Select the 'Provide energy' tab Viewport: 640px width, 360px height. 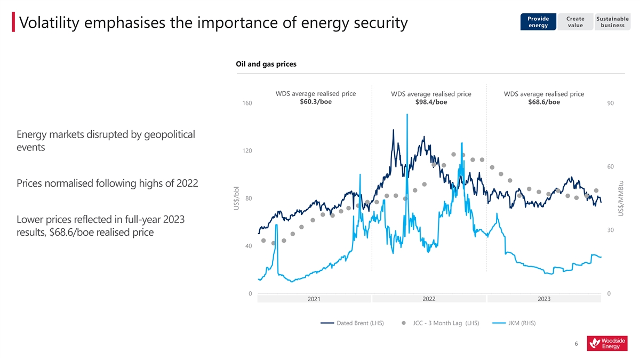[x=538, y=22]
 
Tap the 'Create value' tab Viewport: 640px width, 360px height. [x=575, y=22]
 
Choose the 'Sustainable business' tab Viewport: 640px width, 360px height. [x=612, y=22]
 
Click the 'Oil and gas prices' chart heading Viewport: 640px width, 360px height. [x=266, y=64]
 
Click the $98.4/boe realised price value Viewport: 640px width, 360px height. [x=431, y=102]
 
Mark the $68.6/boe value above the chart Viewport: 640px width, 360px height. [x=543, y=102]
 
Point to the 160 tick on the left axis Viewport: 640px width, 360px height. [x=247, y=103]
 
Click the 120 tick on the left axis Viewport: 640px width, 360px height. [x=247, y=151]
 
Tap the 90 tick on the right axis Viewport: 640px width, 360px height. [x=610, y=103]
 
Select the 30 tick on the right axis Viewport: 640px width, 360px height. [x=610, y=230]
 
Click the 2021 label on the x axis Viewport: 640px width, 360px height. [x=314, y=299]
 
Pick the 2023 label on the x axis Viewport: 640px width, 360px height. [x=544, y=299]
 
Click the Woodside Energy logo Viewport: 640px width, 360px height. [x=607, y=343]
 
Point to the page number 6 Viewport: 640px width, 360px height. [x=577, y=344]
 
